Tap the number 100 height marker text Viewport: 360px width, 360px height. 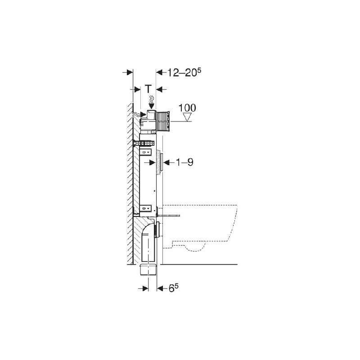coord(187,108)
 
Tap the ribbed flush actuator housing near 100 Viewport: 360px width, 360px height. coord(163,121)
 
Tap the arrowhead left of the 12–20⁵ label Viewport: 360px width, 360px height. coord(159,72)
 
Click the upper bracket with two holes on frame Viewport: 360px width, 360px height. coord(146,153)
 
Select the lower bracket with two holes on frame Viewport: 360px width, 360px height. coord(147,208)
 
